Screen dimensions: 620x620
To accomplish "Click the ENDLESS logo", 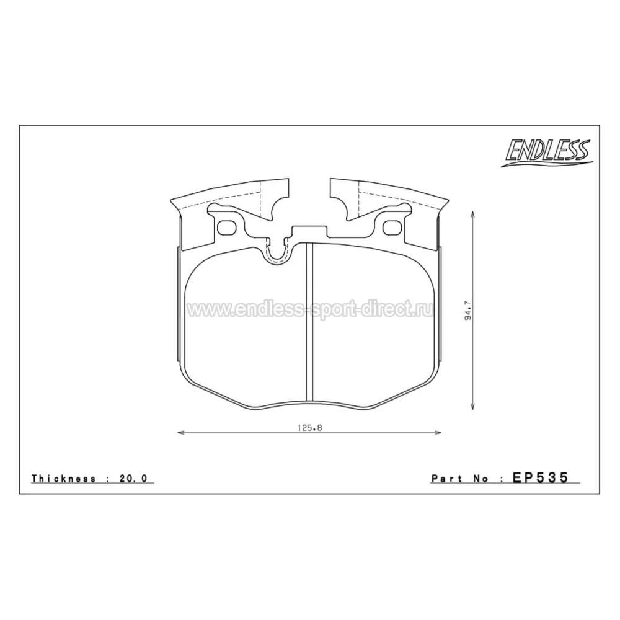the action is pos(547,153).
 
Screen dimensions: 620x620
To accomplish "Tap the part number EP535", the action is pos(540,477).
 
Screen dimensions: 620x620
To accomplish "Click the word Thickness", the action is pos(64,479).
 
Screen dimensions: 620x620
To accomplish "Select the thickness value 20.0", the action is pos(133,479).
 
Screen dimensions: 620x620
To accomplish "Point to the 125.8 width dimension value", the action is pos(309,427).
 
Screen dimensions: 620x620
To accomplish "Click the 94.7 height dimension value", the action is pos(468,311).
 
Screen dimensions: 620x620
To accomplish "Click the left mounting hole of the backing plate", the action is pos(226,227).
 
